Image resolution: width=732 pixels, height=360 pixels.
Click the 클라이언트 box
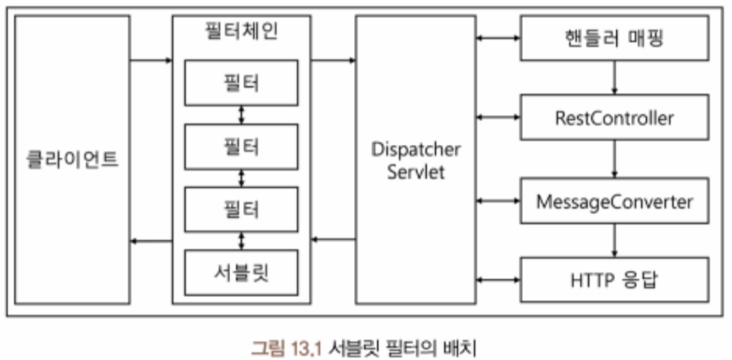point(73,159)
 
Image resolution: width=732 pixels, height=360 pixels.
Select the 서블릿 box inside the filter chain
point(242,274)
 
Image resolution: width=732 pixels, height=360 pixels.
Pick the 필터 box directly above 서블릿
point(242,210)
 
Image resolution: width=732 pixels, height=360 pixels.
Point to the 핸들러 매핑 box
point(614,39)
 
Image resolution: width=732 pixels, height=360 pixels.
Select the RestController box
point(614,118)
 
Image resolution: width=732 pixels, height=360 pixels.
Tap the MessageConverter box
point(614,200)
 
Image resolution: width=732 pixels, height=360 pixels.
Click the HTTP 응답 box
point(614,278)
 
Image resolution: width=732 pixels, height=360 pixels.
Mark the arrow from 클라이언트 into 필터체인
point(151,60)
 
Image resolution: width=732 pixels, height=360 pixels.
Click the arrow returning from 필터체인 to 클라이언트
point(151,241)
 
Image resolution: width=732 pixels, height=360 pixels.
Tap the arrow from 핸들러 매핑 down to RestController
point(614,79)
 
